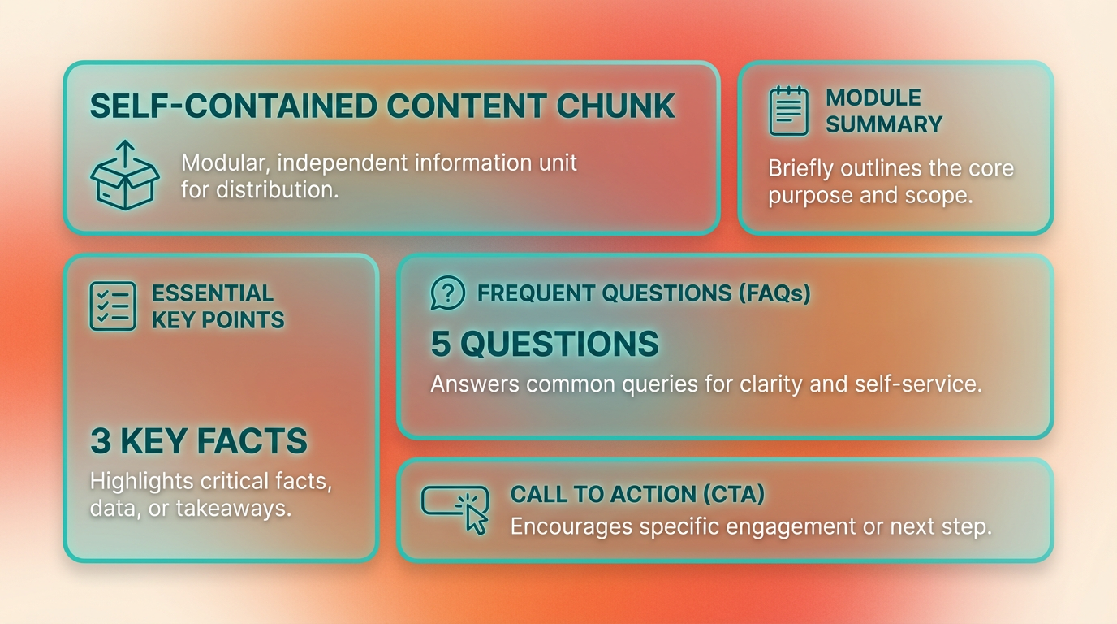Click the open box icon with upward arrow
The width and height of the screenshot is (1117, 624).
point(125,175)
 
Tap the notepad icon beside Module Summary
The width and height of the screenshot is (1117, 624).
point(788,110)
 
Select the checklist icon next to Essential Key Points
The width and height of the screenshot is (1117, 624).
point(113,306)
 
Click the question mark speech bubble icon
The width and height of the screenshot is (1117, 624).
point(448,292)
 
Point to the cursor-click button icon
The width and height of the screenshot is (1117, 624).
point(455,510)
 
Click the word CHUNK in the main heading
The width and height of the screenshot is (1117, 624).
point(616,106)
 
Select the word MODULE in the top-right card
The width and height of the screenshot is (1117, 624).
point(873,97)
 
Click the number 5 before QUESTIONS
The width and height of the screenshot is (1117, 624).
point(440,344)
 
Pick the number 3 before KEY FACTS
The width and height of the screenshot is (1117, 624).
point(100,441)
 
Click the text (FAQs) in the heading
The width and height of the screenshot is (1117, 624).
point(774,293)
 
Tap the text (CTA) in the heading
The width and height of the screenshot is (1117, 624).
point(734,494)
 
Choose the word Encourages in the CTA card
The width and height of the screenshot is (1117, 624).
point(571,527)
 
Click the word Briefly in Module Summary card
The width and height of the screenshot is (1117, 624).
point(800,169)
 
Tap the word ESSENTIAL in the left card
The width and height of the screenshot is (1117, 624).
point(213,293)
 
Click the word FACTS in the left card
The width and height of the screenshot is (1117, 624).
point(252,441)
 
